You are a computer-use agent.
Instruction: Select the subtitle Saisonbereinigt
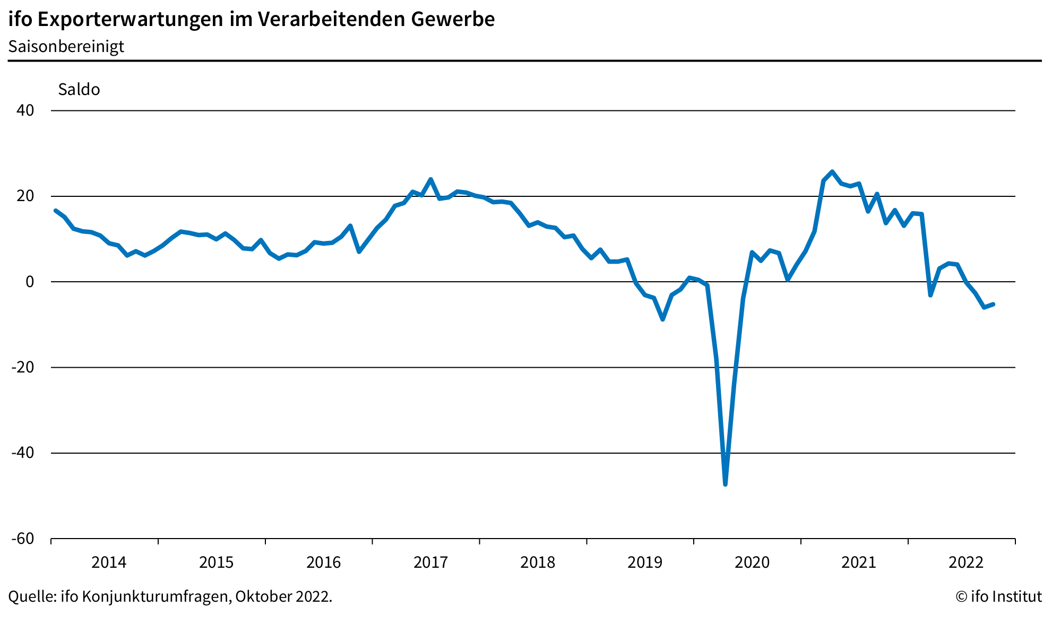point(66,47)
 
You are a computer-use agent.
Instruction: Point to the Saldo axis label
point(79,89)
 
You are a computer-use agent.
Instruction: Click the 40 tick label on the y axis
point(25,110)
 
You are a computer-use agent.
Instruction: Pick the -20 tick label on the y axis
point(22,367)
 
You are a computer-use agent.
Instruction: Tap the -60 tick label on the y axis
point(22,539)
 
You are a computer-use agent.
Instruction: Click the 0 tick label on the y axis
point(30,282)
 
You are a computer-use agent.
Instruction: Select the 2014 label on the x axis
point(109,562)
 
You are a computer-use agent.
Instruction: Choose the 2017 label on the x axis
point(430,562)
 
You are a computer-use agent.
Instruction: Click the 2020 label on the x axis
point(752,562)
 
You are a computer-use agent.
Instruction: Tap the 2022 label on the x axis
point(966,562)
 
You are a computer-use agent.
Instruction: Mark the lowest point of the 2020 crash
point(725,484)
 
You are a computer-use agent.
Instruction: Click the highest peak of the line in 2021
point(832,171)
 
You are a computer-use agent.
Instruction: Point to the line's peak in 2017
point(430,179)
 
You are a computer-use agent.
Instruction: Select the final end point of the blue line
point(993,304)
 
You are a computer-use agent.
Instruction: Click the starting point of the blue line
point(55,211)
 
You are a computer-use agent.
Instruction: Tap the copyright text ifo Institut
point(998,596)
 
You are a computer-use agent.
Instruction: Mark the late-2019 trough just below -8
point(662,319)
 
